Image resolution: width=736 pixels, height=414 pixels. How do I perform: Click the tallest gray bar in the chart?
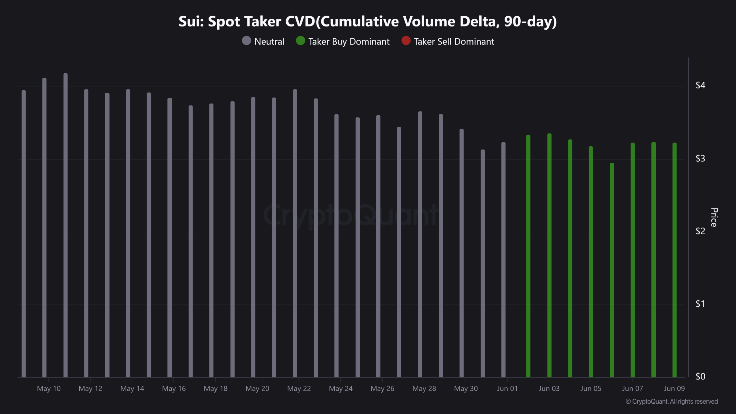point(66,224)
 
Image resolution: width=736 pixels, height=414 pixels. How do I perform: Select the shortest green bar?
point(612,270)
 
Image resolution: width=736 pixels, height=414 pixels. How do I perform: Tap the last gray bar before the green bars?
point(503,259)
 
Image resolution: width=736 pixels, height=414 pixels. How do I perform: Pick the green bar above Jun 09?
point(674,259)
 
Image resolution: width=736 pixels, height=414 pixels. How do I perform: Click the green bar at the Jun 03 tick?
point(549,256)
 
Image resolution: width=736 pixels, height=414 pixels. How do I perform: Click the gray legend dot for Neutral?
point(246,41)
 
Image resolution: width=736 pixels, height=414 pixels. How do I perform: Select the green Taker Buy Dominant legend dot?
point(300,41)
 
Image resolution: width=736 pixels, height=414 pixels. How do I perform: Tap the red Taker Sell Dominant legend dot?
point(406,41)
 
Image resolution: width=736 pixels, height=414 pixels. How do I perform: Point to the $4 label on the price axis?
point(700,85)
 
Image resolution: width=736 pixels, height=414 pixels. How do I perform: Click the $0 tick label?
point(700,376)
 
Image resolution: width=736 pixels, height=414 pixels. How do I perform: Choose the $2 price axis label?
point(700,231)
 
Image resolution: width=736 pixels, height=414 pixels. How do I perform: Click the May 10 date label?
point(49,389)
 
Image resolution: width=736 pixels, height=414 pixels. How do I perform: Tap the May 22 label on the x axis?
point(299,389)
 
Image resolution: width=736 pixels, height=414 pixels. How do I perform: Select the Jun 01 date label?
point(507,389)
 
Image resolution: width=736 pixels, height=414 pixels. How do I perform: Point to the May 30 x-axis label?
point(466,389)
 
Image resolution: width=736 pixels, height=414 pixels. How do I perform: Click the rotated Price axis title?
point(714,217)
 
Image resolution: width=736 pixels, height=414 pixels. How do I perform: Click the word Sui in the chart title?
point(190,22)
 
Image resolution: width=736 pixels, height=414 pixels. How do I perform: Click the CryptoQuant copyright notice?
point(672,402)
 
